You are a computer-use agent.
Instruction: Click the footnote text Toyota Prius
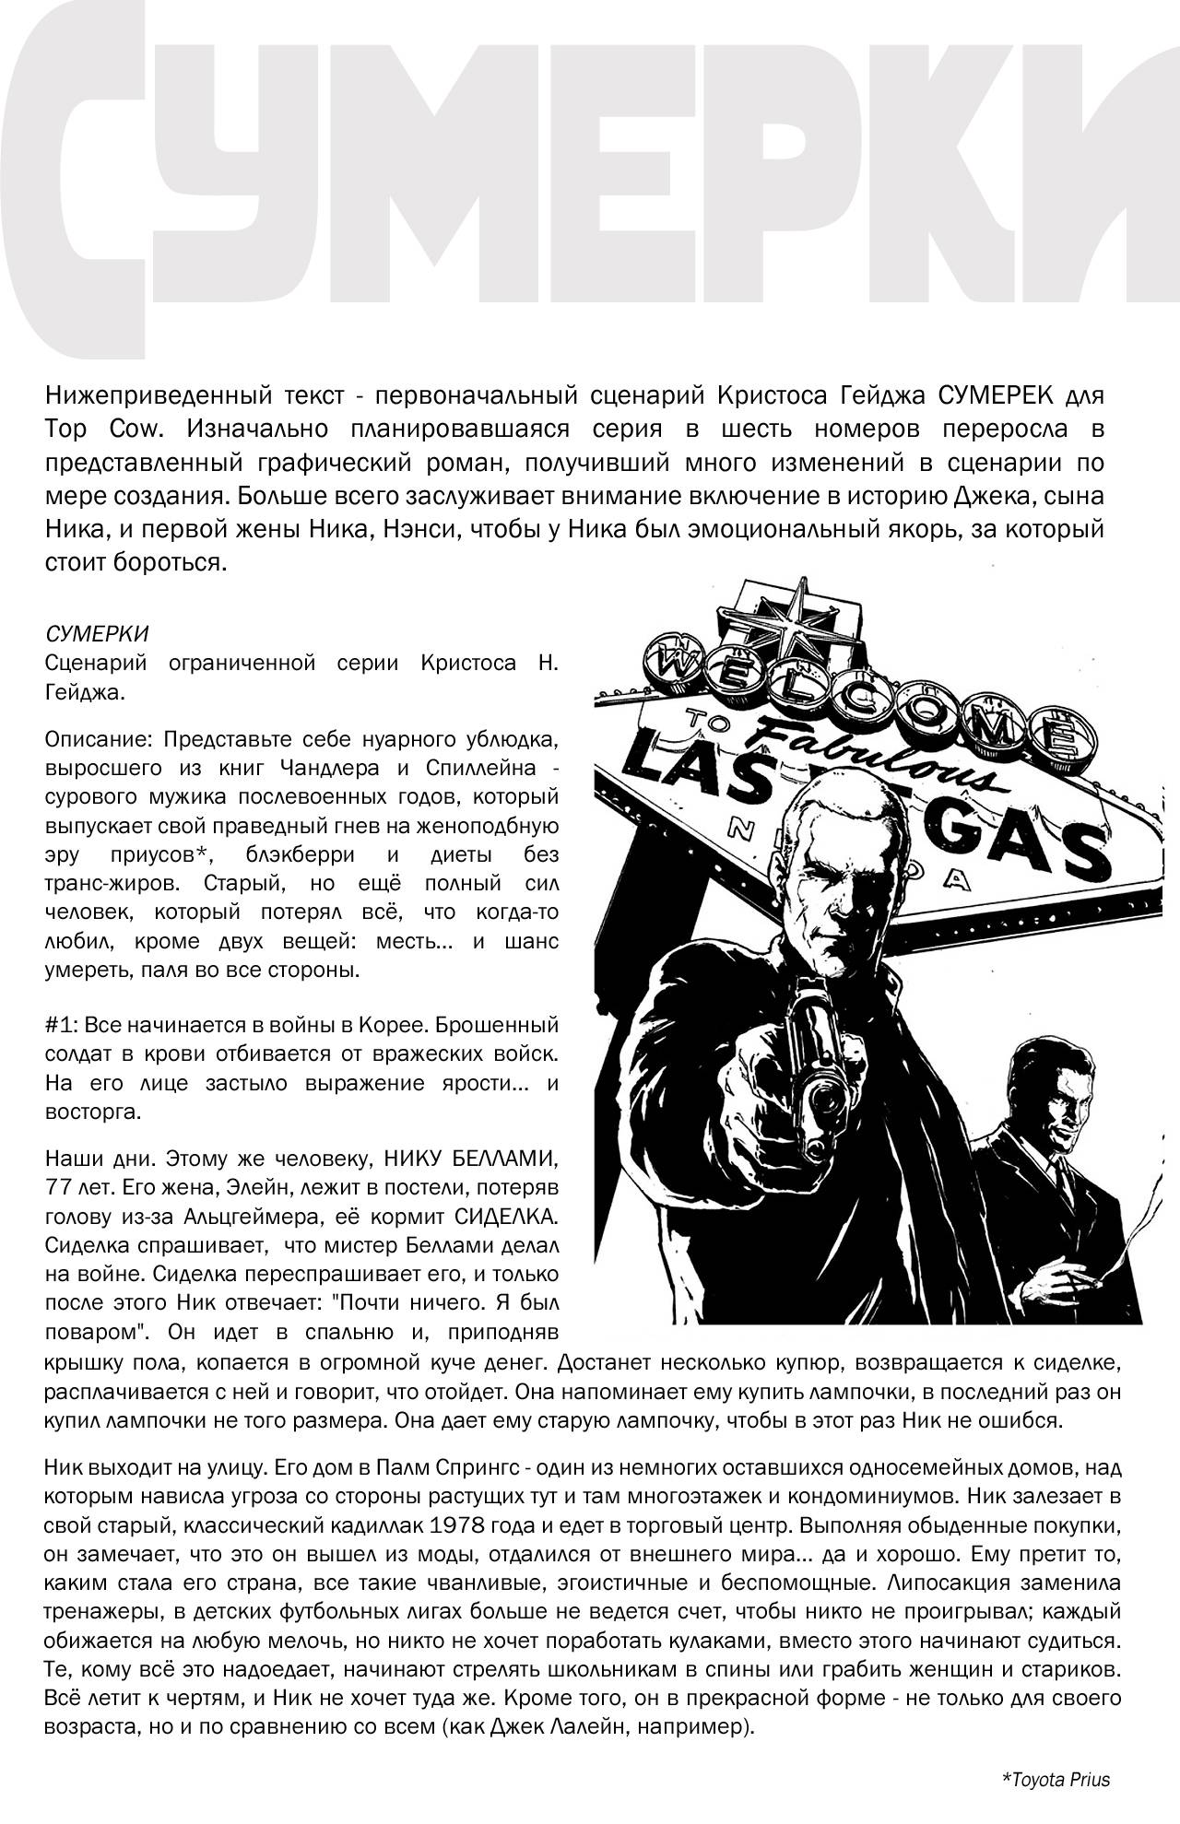[1056, 1779]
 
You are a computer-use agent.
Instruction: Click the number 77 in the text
[57, 1185]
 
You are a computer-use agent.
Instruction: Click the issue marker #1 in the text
[57, 1025]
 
